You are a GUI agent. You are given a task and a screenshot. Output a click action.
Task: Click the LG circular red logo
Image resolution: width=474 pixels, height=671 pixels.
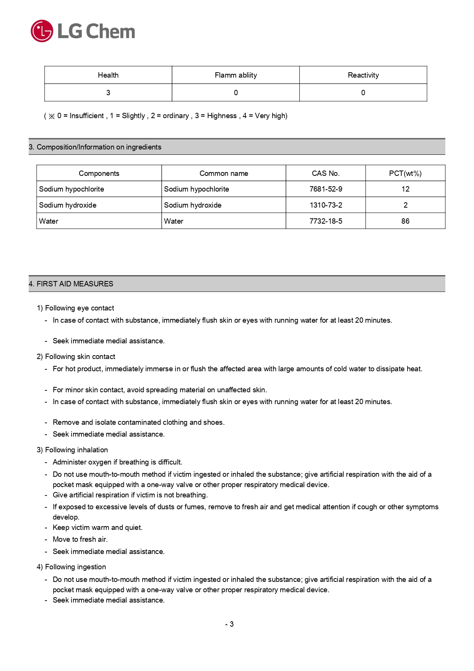pyautogui.click(x=42, y=31)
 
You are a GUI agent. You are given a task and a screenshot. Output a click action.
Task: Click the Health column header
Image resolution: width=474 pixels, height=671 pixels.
pyautogui.click(x=108, y=75)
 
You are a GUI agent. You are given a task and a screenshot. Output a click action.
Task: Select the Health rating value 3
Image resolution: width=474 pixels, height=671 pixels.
pyautogui.click(x=108, y=93)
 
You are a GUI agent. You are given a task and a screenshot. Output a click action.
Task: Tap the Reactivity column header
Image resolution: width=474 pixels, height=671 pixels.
pyautogui.click(x=363, y=75)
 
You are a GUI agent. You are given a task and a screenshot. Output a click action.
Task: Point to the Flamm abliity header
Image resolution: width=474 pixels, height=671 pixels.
pyautogui.click(x=235, y=75)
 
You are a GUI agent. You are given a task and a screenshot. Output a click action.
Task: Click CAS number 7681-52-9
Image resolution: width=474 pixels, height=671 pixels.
pyautogui.click(x=326, y=189)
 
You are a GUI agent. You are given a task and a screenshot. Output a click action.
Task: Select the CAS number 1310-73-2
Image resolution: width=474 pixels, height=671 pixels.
pyautogui.click(x=326, y=205)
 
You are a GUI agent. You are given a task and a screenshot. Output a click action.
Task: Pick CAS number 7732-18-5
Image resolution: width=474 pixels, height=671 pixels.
pyautogui.click(x=326, y=221)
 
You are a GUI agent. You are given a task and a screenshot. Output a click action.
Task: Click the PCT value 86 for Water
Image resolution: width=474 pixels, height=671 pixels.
pyautogui.click(x=405, y=221)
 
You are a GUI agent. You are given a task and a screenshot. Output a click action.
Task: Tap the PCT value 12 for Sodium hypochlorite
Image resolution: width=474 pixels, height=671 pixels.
pyautogui.click(x=405, y=189)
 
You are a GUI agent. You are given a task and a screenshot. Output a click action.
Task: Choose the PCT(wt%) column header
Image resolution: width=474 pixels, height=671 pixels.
pyautogui.click(x=405, y=174)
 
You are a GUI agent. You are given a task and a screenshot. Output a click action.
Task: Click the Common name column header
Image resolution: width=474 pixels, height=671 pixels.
pyautogui.click(x=224, y=174)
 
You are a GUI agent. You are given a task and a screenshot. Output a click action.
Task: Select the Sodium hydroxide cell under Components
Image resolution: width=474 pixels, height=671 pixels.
pyautogui.click(x=68, y=205)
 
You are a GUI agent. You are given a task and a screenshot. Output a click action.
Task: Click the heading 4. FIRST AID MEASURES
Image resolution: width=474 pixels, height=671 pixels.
pyautogui.click(x=71, y=284)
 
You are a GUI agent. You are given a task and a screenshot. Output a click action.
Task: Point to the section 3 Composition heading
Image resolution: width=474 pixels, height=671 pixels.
pyautogui.click(x=95, y=147)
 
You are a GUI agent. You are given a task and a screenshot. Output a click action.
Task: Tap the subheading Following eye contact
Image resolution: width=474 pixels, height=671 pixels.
pyautogui.click(x=76, y=308)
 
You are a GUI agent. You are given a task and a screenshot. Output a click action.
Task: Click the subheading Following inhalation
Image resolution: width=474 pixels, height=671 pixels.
pyautogui.click(x=73, y=450)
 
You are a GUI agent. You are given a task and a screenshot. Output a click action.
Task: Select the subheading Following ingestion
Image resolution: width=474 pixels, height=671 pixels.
pyautogui.click(x=71, y=567)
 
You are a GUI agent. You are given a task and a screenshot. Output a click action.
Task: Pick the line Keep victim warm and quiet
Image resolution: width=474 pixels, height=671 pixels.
pyautogui.click(x=97, y=528)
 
